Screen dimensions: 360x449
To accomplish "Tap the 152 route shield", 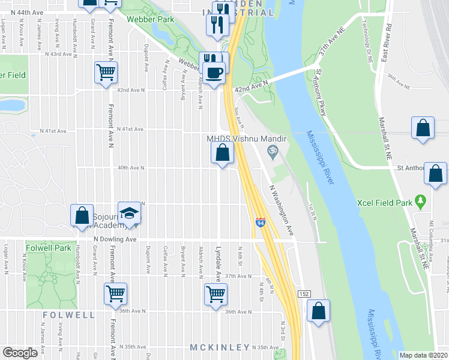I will [304, 292].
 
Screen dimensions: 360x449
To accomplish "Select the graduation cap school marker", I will [128, 213].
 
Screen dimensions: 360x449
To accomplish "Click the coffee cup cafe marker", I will [215, 73].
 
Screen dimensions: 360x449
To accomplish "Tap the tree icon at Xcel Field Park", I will [420, 199].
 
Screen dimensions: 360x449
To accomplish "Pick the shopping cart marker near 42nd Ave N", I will [106, 73].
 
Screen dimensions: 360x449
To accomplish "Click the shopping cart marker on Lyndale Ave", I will [215, 294].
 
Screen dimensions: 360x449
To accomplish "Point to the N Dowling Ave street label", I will [115, 239].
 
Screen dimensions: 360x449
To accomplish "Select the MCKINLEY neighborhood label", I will [219, 347].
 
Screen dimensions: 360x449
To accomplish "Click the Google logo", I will [20, 353].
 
